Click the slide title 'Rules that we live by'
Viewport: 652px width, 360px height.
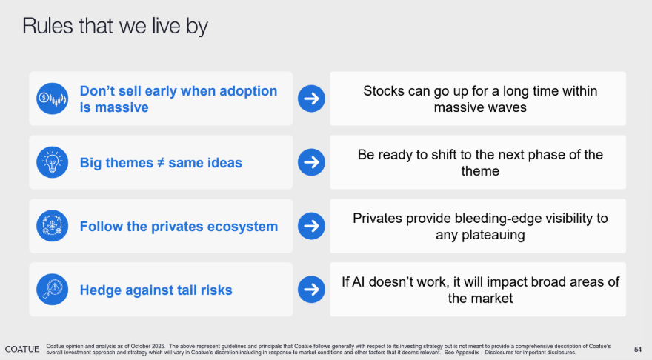click(115, 26)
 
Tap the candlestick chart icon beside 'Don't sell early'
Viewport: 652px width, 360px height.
click(53, 99)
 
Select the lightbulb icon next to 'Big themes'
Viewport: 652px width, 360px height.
click(53, 162)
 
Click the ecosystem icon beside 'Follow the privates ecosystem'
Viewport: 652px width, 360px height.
click(53, 226)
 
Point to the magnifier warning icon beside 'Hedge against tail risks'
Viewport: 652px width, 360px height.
click(53, 290)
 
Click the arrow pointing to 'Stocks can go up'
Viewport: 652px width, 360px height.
click(311, 99)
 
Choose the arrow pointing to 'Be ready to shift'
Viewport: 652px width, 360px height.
click(311, 162)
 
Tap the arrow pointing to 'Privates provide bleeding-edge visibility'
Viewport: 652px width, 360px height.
click(311, 226)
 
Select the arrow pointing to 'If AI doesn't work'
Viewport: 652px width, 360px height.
click(311, 290)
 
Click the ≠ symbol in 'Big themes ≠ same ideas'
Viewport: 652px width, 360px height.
click(161, 162)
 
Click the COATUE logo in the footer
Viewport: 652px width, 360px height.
click(22, 349)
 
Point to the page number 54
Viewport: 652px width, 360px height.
click(638, 350)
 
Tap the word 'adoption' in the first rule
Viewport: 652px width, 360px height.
click(248, 91)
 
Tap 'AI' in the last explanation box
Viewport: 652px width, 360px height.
click(359, 281)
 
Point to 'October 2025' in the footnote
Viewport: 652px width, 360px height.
click(147, 346)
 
